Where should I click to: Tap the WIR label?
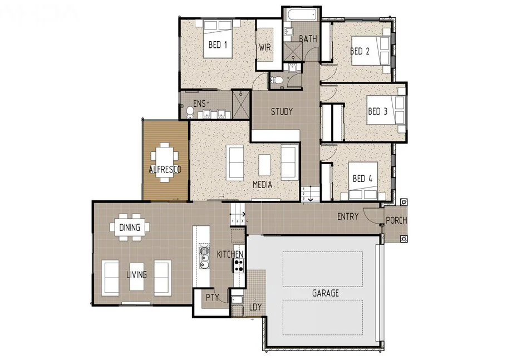265,47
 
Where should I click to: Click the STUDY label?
282,111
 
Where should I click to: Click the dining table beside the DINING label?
130,228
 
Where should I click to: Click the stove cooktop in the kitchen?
238,265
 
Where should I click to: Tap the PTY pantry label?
212,298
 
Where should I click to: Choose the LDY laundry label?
255,307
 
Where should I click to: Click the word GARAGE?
325,293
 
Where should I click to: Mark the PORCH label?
396,220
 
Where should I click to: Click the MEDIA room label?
262,184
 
